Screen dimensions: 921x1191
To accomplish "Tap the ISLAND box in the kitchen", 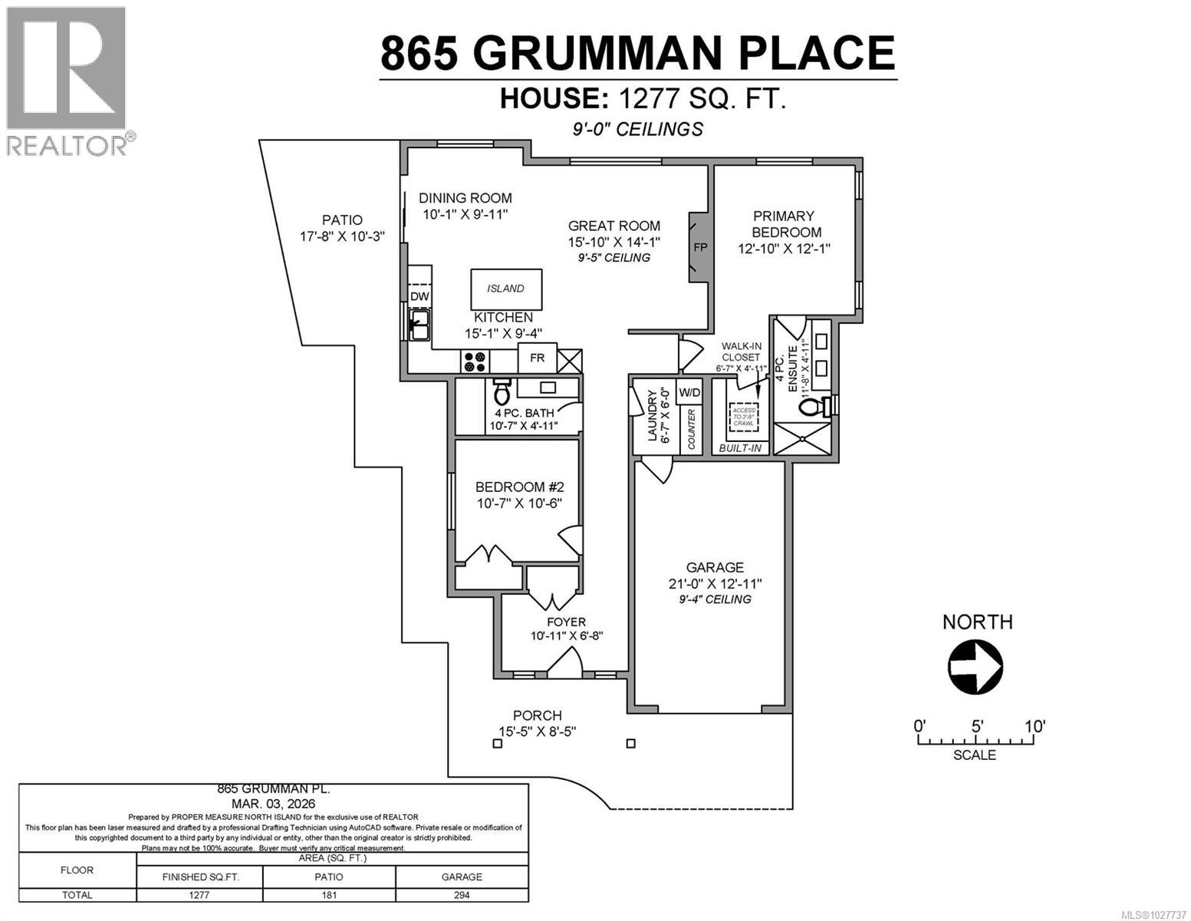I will tap(505, 289).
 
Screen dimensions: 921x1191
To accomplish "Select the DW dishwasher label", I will tap(419, 296).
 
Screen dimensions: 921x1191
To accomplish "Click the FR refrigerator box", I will tap(537, 358).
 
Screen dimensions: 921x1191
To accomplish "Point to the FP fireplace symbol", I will tap(699, 247).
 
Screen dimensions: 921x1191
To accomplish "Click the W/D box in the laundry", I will tap(689, 392).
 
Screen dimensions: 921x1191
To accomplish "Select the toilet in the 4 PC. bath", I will tap(502, 392).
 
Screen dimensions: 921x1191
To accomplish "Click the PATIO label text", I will tap(341, 220).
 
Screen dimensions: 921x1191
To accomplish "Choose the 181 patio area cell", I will tap(329, 895).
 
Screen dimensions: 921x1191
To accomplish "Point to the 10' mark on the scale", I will tap(1034, 726).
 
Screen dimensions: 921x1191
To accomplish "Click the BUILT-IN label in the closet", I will tap(739, 447).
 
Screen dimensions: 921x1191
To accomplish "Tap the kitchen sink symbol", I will tap(419, 324).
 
